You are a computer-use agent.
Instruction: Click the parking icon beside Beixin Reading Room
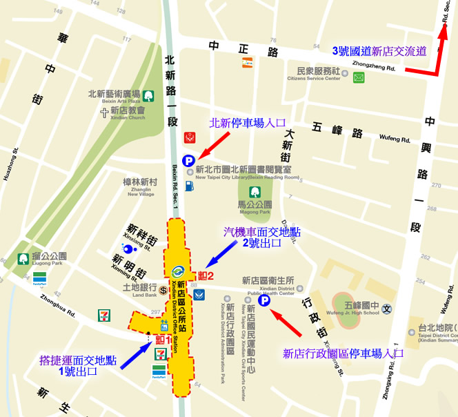(188, 160)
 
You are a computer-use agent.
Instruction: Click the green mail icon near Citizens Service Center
(359, 77)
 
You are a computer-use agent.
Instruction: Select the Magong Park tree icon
(254, 191)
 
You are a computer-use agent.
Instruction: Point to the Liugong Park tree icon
(23, 259)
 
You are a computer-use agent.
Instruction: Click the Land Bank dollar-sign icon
(163, 291)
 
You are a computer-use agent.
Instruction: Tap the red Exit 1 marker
(163, 340)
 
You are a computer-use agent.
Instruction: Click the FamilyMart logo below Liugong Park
(39, 279)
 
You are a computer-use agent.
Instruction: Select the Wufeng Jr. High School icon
(387, 309)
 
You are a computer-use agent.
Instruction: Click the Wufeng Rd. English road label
(395, 138)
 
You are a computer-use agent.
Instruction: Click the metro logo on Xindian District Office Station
(179, 271)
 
